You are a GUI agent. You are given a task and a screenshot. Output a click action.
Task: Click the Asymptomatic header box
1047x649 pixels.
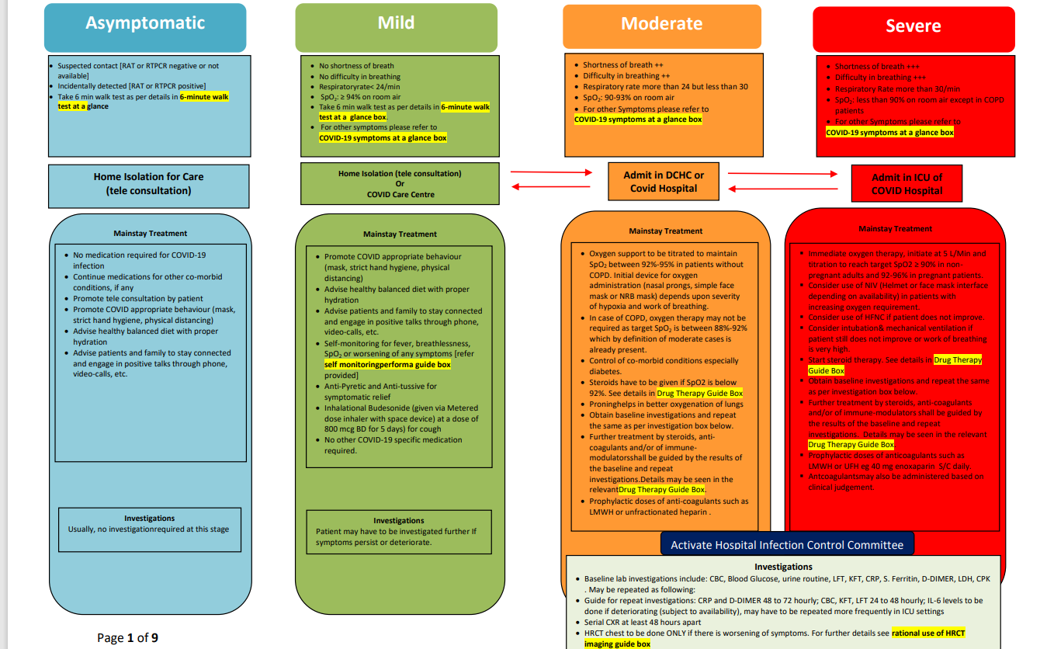145,24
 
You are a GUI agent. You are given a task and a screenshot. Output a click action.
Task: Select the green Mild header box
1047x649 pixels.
396,24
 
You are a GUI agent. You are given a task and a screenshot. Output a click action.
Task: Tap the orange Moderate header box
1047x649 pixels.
661,24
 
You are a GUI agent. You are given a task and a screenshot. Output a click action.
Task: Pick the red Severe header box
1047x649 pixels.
913,27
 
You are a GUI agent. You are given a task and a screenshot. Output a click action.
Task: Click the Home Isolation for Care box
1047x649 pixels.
148,183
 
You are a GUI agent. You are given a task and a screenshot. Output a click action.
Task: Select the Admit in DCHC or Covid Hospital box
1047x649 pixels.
664,182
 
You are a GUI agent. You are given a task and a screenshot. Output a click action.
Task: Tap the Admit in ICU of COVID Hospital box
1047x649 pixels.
907,184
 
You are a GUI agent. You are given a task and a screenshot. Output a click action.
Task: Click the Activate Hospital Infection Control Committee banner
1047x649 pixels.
786,545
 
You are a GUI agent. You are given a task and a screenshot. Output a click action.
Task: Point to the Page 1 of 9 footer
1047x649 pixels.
127,638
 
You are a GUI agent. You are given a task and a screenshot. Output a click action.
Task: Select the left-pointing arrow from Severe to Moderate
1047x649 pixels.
785,189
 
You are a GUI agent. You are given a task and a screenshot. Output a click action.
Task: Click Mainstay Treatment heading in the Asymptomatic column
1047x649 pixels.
150,233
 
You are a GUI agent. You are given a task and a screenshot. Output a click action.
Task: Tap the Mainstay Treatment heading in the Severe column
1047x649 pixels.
895,229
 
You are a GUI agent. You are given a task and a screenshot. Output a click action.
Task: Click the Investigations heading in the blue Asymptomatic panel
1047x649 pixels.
149,519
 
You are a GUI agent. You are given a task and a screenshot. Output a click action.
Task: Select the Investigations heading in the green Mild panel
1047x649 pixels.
398,521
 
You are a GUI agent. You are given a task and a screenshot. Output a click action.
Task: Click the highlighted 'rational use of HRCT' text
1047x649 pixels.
928,633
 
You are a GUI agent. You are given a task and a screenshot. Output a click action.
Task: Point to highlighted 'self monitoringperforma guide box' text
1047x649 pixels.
387,364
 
